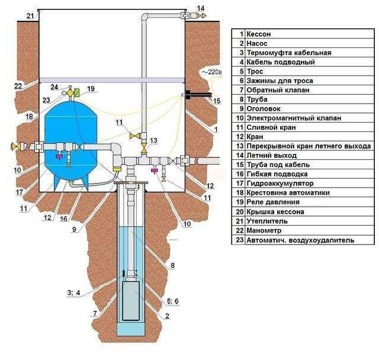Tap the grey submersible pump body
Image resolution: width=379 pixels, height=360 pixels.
click(x=131, y=301)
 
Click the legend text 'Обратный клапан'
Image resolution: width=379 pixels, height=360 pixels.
click(x=278, y=90)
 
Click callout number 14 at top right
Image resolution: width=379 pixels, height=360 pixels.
click(x=201, y=8)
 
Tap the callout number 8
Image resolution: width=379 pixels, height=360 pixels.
click(x=172, y=265)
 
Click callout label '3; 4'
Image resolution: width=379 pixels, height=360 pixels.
click(x=73, y=293)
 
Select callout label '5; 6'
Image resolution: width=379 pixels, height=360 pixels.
click(x=173, y=301)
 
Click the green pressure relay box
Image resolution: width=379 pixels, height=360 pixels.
click(x=77, y=93)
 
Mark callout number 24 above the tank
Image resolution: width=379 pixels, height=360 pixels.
click(x=54, y=86)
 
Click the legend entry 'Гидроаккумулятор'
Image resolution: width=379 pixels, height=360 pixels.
click(x=280, y=184)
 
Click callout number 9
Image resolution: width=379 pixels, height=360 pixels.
click(x=75, y=229)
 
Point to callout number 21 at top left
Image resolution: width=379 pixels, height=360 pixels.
click(x=30, y=16)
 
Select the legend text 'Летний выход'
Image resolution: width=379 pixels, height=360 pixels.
click(x=271, y=155)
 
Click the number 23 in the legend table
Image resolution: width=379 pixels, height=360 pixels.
click(x=239, y=240)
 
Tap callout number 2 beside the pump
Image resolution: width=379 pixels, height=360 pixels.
click(x=167, y=316)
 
